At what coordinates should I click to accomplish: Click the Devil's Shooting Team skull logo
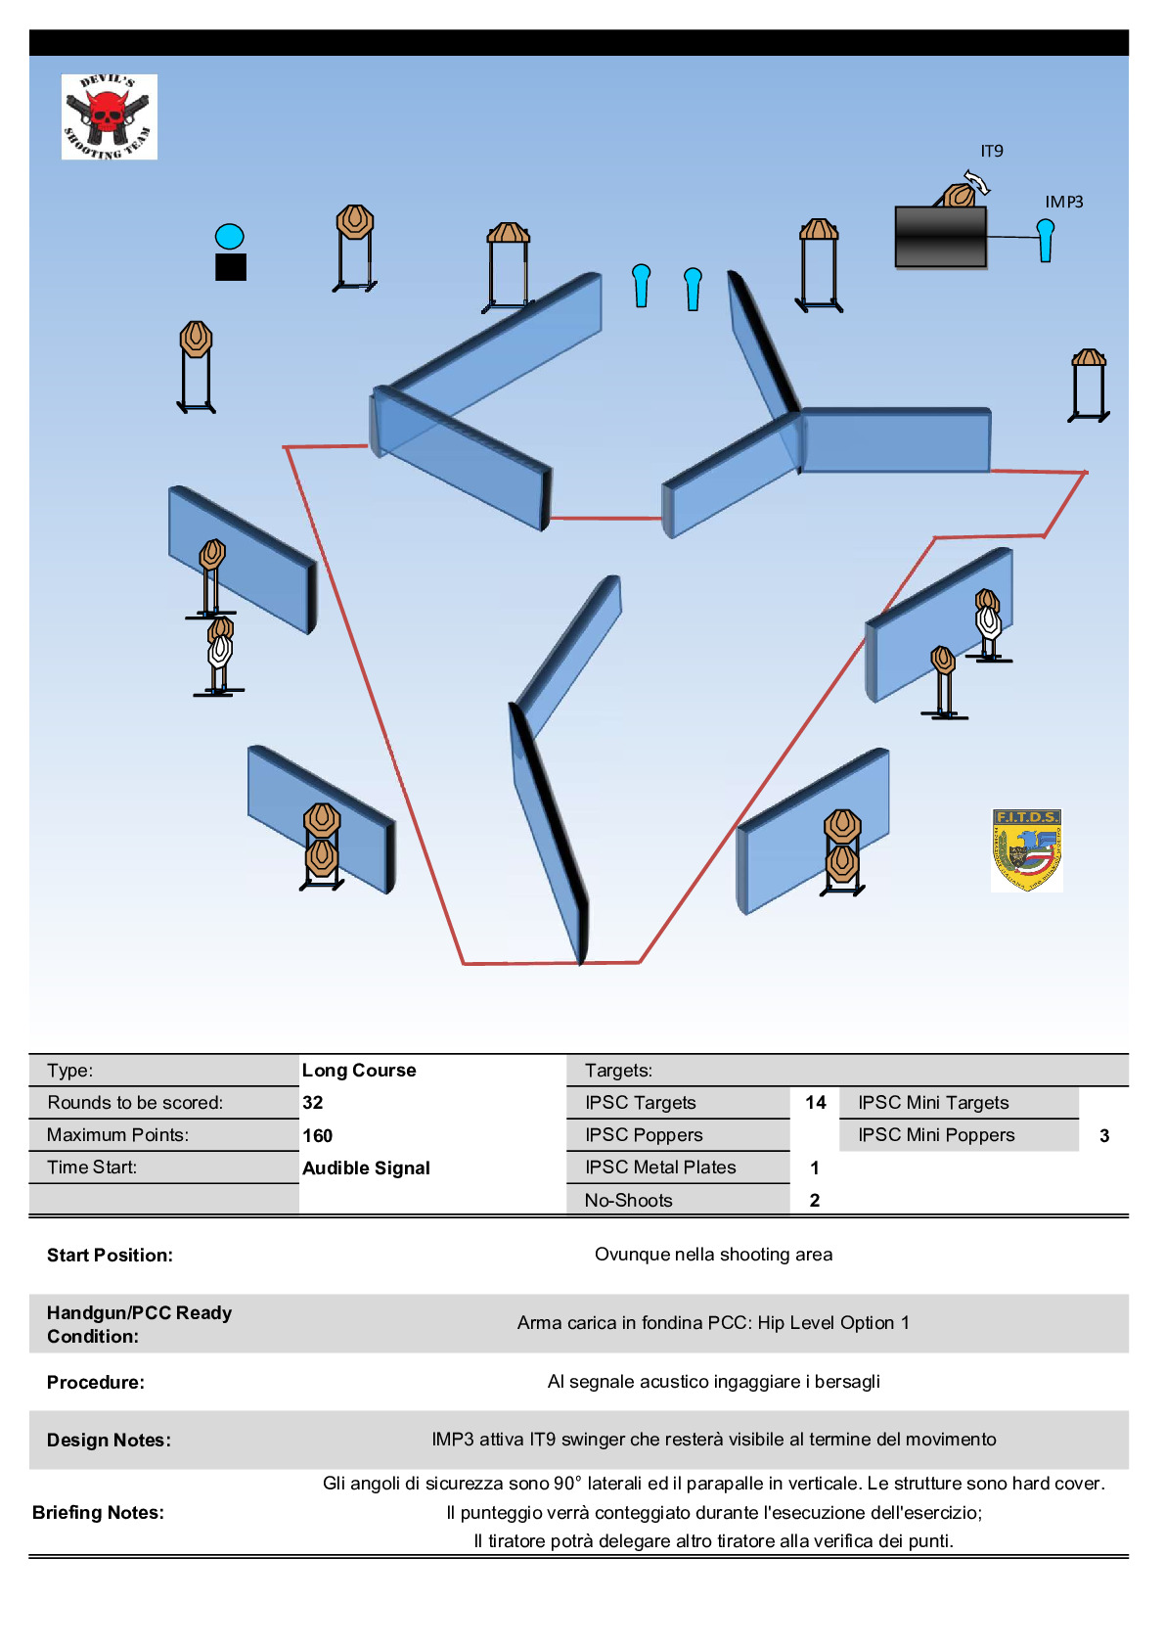pos(109,116)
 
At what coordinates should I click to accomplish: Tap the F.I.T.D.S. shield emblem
pos(1026,849)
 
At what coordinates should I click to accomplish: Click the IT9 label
pos(992,151)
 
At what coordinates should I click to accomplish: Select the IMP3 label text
pos(1063,202)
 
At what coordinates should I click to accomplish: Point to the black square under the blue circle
pos(231,267)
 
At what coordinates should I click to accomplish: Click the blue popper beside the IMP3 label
pos(1046,240)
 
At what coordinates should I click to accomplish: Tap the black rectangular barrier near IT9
pos(940,236)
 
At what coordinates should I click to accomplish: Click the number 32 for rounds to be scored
pos(313,1102)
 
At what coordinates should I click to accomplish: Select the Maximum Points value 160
pos(318,1135)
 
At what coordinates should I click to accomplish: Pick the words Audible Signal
pos(366,1167)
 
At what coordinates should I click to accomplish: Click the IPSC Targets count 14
pos(816,1102)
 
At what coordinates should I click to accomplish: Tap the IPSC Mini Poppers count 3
pos(1104,1135)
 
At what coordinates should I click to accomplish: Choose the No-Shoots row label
pos(628,1200)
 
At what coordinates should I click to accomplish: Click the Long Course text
pos(359,1070)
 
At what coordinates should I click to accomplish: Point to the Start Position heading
pos(110,1255)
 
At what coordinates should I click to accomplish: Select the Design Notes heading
pos(109,1440)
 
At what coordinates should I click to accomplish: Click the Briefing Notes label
pos(98,1512)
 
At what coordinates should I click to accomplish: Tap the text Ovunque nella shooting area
pos(713,1254)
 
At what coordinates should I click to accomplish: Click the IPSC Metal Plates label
pos(660,1167)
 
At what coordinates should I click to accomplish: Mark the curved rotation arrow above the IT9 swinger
pos(976,182)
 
